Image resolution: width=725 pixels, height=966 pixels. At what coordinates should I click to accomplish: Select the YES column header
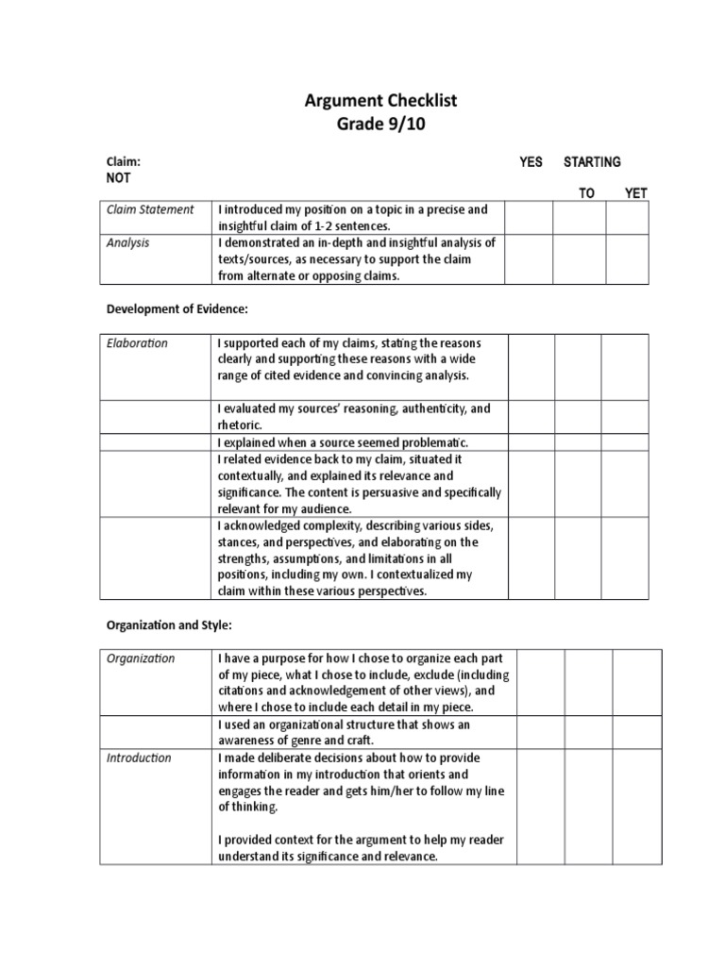(531, 162)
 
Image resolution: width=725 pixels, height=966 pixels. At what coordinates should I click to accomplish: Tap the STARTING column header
(592, 162)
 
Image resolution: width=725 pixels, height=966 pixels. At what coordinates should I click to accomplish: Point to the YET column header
(636, 193)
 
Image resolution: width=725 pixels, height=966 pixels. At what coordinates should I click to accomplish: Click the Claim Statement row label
(150, 209)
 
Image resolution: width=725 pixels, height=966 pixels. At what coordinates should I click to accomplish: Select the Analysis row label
(128, 242)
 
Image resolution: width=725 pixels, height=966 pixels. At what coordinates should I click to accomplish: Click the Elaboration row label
(137, 343)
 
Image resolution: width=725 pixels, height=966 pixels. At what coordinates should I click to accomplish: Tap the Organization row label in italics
(141, 658)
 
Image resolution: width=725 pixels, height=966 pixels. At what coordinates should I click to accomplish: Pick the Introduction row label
(139, 758)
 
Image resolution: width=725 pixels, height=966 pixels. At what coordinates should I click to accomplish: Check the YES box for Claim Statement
(529, 218)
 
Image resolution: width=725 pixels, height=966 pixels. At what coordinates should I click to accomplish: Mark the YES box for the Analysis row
(529, 258)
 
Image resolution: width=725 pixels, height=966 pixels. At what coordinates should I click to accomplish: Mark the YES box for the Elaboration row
(531, 367)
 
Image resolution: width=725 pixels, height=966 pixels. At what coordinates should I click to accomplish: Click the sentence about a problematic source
(343, 442)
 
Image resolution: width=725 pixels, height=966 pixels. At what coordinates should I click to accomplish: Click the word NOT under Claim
(119, 177)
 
